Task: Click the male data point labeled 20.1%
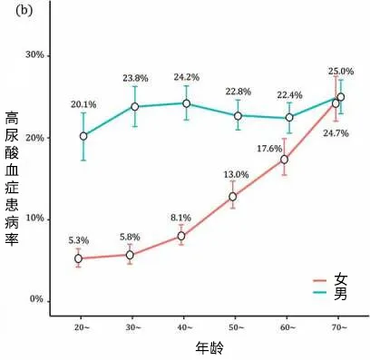(x=83, y=136)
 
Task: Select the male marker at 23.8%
(x=135, y=107)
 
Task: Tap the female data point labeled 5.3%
(x=78, y=258)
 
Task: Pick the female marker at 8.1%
(x=181, y=236)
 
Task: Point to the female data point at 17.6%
(x=284, y=160)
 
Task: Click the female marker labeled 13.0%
(x=232, y=197)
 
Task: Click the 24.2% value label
(x=186, y=77)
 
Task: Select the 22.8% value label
(x=238, y=92)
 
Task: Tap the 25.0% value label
(x=341, y=72)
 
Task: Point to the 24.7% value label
(x=336, y=133)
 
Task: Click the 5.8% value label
(x=130, y=237)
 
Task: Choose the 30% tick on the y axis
(x=34, y=55)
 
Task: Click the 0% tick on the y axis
(x=36, y=299)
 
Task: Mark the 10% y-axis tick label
(x=34, y=219)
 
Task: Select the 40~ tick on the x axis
(x=183, y=327)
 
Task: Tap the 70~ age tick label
(x=338, y=327)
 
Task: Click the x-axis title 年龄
(x=209, y=347)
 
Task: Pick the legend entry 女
(x=330, y=280)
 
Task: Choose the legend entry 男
(x=330, y=293)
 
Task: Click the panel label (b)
(x=24, y=10)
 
